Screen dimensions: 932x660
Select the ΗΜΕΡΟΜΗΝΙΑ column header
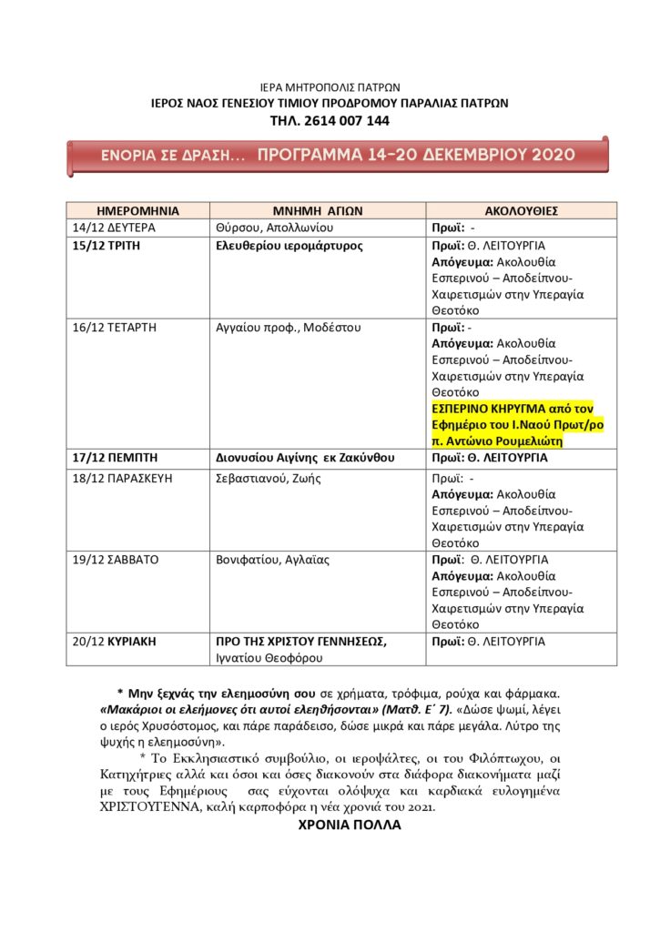pyautogui.click(x=137, y=210)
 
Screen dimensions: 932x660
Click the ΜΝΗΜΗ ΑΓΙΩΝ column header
pyautogui.click(x=318, y=210)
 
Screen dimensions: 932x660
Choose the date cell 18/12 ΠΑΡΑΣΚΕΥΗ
pyautogui.click(x=121, y=478)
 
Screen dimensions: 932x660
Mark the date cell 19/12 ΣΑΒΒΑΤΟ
pyautogui.click(x=116, y=560)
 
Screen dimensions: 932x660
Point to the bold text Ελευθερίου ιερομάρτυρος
pyautogui.click(x=289, y=246)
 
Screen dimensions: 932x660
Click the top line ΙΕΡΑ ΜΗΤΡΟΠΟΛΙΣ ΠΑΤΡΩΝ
pyautogui.click(x=330, y=87)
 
